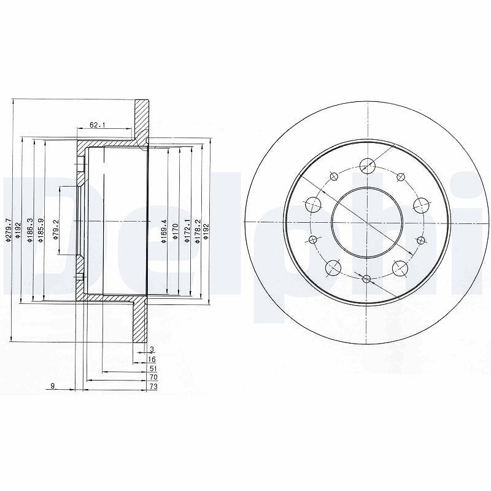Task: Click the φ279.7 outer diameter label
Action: point(8,230)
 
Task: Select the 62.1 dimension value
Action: point(98,125)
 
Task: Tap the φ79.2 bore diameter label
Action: point(56,230)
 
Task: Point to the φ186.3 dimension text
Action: point(30,230)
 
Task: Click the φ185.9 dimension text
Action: point(41,230)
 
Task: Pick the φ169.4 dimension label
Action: point(163,231)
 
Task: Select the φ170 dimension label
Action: point(175,232)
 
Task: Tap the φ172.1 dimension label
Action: point(187,231)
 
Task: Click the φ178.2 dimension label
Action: point(197,231)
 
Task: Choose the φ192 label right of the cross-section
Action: point(206,232)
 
